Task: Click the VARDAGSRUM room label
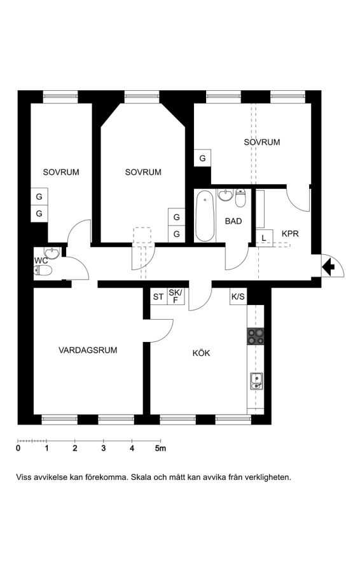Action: (88, 350)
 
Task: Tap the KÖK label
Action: (202, 353)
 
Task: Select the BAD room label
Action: (233, 221)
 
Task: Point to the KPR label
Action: (290, 233)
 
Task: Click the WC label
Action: (41, 261)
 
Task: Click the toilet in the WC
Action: (43, 270)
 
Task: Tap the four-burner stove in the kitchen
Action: (255, 336)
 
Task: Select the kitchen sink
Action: (257, 381)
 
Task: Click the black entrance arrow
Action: (329, 266)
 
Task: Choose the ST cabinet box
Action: (158, 296)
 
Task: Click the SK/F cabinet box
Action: (176, 296)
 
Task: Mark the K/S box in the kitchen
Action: (238, 296)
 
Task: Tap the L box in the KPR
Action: (264, 238)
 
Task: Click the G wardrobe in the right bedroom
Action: (202, 158)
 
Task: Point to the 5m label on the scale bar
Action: (160, 448)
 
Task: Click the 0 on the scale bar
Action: (18, 448)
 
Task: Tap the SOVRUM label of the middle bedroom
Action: (143, 172)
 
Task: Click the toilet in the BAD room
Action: (240, 198)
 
